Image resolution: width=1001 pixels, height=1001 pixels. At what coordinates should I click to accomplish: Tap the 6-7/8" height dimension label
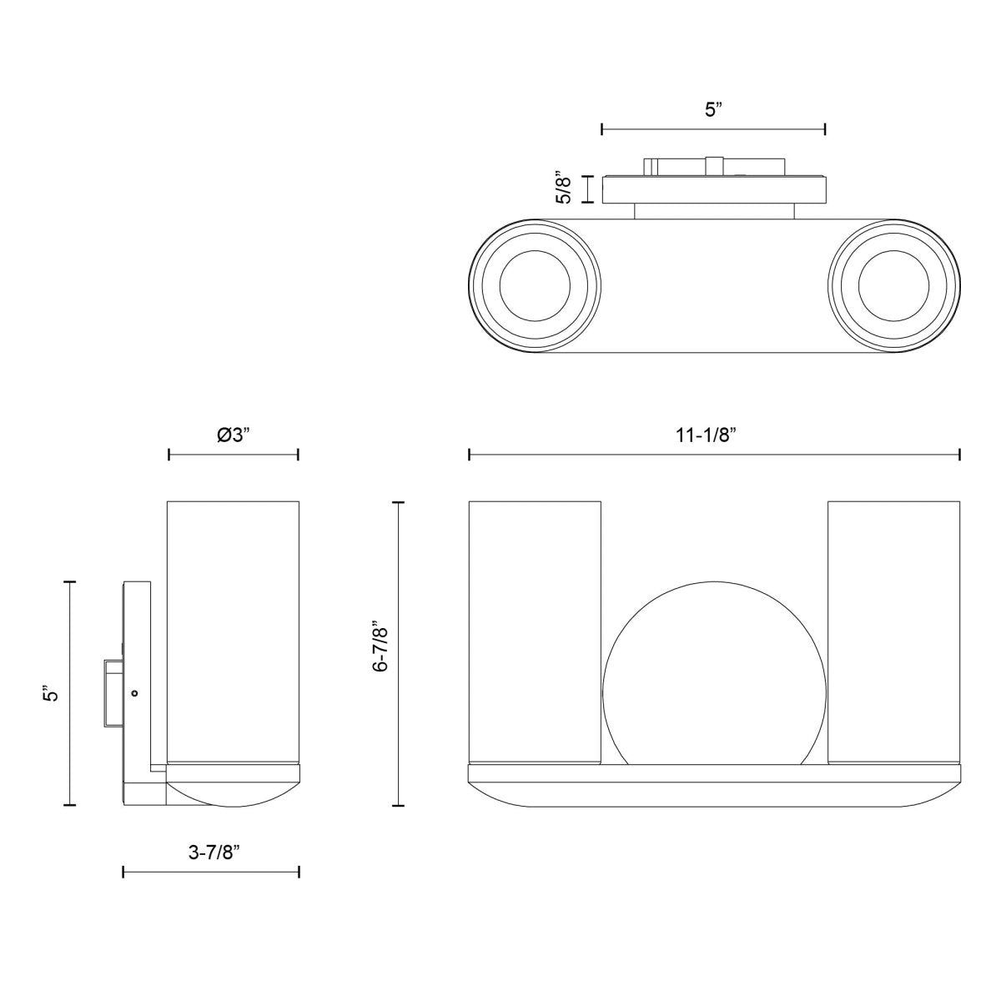click(381, 646)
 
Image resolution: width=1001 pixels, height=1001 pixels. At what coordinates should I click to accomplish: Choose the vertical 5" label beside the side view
click(52, 692)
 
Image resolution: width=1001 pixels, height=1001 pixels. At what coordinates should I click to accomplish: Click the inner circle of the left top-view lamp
click(535, 285)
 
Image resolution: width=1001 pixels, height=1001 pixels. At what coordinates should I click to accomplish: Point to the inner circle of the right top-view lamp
click(893, 285)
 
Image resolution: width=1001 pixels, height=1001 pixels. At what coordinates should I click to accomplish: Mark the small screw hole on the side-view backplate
click(134, 692)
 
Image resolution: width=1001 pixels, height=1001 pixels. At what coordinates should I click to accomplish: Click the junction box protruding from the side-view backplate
click(113, 692)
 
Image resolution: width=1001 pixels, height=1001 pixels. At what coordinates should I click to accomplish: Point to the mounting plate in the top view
click(714, 189)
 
